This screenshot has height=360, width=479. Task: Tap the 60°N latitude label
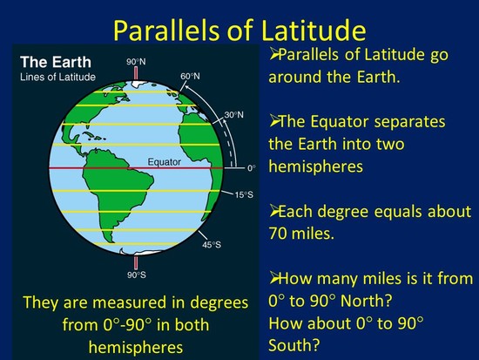tap(192, 76)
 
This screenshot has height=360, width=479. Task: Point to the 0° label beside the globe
tap(252, 166)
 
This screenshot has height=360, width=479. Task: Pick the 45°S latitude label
tap(212, 245)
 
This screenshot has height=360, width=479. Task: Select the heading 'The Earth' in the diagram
tap(53, 62)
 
